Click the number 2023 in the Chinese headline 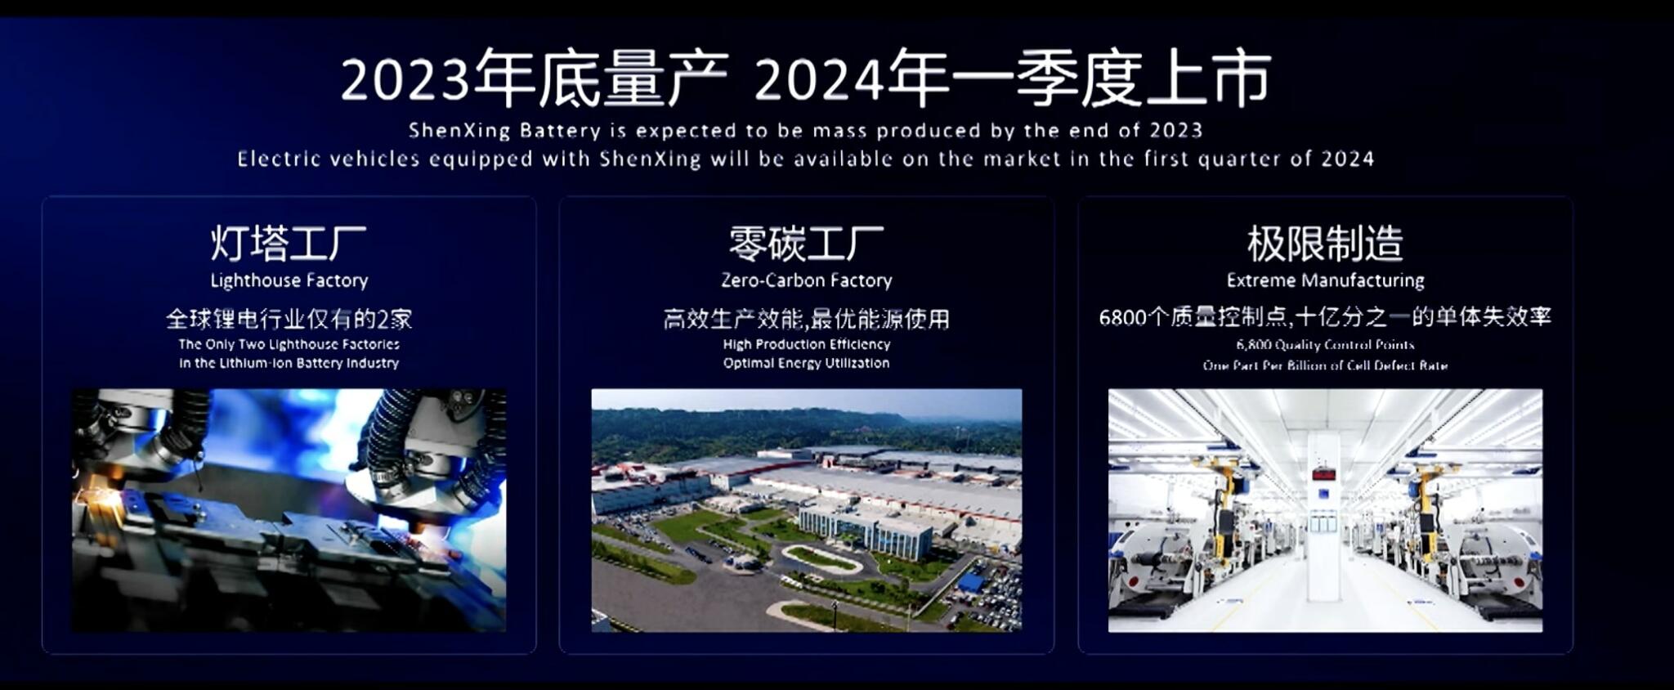[x=405, y=80]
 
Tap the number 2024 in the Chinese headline [x=819, y=80]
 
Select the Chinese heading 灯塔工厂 [x=289, y=244]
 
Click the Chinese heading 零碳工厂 [x=806, y=244]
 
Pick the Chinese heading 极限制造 [x=1325, y=244]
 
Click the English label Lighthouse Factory [x=289, y=280]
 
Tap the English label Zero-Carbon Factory [x=806, y=280]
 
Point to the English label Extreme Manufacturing [x=1325, y=280]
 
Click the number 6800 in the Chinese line [x=1122, y=317]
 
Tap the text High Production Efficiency [x=806, y=344]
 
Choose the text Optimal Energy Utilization [x=806, y=363]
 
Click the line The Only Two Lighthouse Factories [x=289, y=344]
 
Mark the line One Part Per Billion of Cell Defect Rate [x=1325, y=365]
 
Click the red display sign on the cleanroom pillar [x=1323, y=474]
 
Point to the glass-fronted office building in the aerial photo [x=866, y=527]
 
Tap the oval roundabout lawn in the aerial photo [x=820, y=558]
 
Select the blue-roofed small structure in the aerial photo [x=970, y=583]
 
